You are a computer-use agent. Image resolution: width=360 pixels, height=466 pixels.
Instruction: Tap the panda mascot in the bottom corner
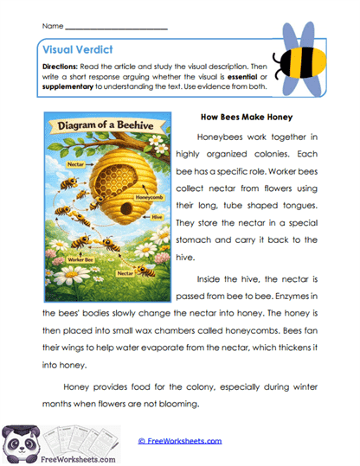[21, 441]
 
